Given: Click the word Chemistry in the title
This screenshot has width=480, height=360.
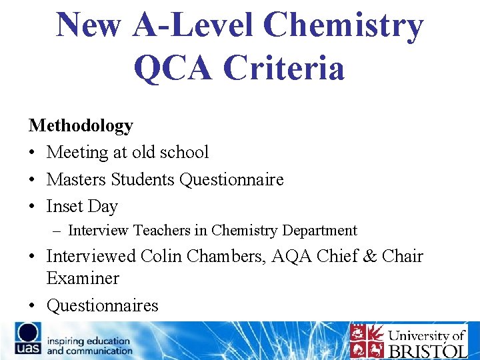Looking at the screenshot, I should click(x=343, y=26).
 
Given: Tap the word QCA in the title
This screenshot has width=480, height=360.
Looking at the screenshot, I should click(x=175, y=68).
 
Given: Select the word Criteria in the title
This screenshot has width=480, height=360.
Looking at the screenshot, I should click(x=285, y=68).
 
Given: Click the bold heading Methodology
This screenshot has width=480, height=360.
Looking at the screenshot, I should click(x=81, y=125).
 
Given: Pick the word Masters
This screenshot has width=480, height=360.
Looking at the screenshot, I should click(x=76, y=180).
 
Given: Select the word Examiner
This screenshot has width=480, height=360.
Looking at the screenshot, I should click(x=82, y=279).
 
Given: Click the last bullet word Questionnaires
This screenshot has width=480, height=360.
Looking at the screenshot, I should click(x=102, y=306).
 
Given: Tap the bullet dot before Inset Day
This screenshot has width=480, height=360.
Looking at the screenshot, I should click(x=33, y=207).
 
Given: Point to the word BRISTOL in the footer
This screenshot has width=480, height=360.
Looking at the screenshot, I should click(x=427, y=350).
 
